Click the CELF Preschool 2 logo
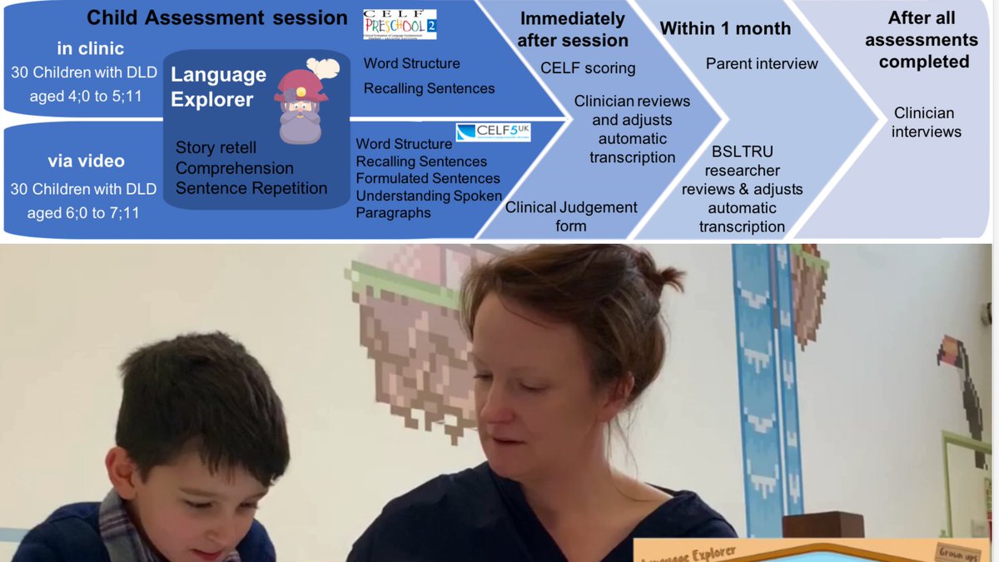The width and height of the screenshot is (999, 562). pos(400,25)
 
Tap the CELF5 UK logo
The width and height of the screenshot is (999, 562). pos(493,132)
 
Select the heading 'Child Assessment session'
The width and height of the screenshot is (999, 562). pos(217,17)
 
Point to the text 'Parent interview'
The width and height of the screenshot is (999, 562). pos(762,63)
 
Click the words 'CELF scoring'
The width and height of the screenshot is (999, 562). pos(588,68)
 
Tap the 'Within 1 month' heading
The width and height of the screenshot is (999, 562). pos(725,28)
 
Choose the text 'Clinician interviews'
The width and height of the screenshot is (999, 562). pos(926,122)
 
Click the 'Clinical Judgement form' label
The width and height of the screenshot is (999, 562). pos(571,216)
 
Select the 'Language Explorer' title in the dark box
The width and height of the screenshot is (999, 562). pos(218,87)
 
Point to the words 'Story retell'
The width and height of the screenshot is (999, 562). pos(216,148)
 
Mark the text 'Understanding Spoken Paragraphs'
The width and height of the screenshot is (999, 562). pos(428,204)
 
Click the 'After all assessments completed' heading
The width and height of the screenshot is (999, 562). pos(923,39)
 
